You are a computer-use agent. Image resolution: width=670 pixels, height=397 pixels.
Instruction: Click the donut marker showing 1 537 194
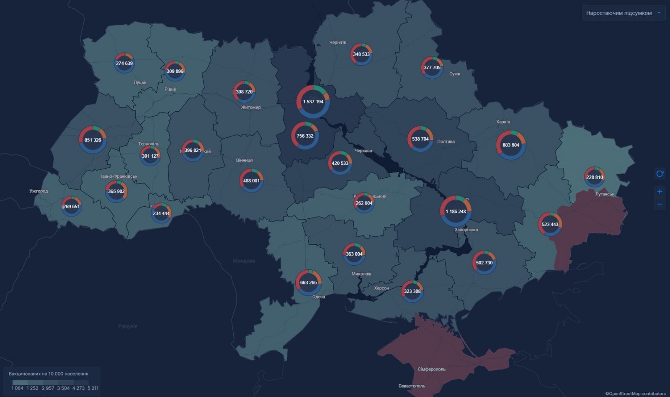(313, 102)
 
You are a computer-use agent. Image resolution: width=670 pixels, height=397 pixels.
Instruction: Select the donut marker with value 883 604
(510, 145)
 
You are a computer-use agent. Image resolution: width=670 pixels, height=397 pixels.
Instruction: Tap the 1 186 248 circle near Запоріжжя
(456, 211)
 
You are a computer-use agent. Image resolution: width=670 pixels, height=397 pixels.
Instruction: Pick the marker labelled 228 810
(594, 177)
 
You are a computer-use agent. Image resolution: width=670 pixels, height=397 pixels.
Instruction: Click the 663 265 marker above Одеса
(308, 282)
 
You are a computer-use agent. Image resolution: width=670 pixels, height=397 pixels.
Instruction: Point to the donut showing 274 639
(124, 63)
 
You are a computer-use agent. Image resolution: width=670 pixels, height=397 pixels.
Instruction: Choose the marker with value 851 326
(93, 140)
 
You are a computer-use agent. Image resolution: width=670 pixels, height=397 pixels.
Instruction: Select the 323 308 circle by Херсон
(412, 291)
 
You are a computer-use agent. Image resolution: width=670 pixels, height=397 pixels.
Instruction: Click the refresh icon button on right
(660, 174)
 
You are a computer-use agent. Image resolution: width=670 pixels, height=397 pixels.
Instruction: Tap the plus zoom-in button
(660, 192)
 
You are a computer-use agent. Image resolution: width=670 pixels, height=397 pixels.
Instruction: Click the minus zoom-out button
(660, 204)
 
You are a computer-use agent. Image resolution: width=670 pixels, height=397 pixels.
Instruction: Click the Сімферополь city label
(431, 369)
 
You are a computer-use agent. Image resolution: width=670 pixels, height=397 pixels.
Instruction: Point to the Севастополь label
(411, 386)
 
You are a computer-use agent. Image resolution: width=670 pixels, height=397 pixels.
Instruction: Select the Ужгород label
(39, 191)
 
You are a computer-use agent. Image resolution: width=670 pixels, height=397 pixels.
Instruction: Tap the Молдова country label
(244, 261)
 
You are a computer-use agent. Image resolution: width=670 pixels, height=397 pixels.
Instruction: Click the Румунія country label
(128, 326)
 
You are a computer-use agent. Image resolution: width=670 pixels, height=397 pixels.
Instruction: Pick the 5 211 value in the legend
(93, 388)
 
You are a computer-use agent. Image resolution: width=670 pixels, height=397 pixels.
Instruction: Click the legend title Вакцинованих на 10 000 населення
(49, 374)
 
